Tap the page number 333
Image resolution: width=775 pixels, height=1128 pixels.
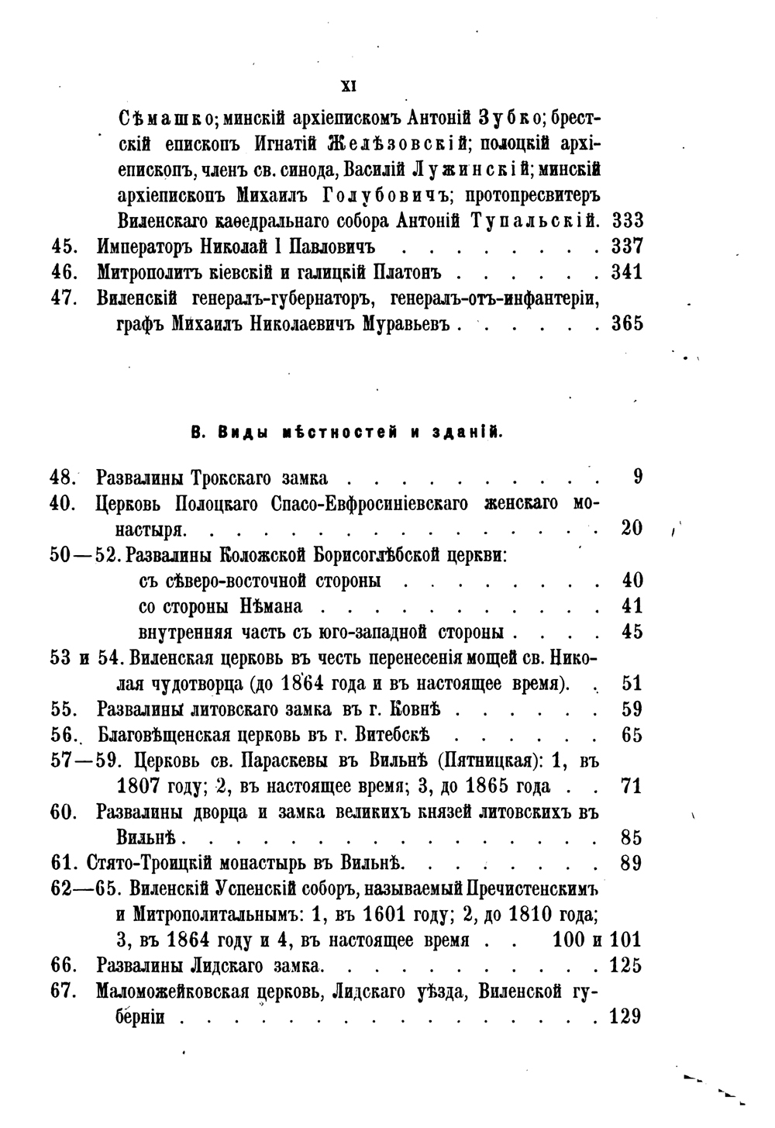click(x=627, y=221)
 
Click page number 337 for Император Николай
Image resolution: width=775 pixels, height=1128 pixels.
click(x=627, y=247)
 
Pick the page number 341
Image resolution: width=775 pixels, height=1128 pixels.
click(x=627, y=273)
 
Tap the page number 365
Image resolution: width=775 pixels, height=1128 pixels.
click(x=627, y=324)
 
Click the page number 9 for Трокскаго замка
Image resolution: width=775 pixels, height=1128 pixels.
click(x=637, y=478)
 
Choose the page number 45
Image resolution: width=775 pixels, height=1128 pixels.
click(x=632, y=632)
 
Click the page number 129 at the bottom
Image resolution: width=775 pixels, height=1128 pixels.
click(x=626, y=1016)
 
